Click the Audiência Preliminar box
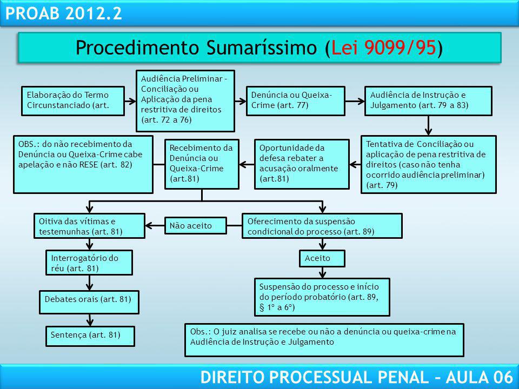pos(185,100)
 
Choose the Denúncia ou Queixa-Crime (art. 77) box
pos(296,100)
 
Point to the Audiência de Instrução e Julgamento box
pos(429,100)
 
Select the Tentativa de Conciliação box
pos(428,164)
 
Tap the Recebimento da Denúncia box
pos(202,164)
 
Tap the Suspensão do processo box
pos(322,297)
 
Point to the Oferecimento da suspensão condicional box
pos(322,226)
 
